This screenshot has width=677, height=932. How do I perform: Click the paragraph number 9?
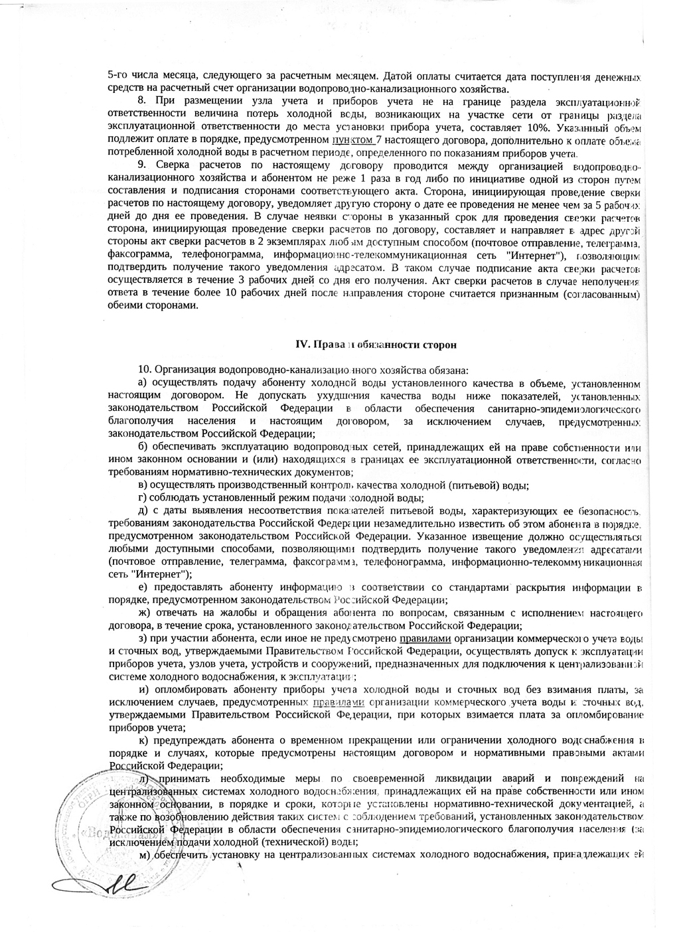coord(141,165)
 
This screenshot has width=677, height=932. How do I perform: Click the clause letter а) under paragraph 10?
coord(142,383)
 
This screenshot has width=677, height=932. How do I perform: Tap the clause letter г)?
coord(141,498)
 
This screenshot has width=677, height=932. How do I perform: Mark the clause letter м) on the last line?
coord(145,855)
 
